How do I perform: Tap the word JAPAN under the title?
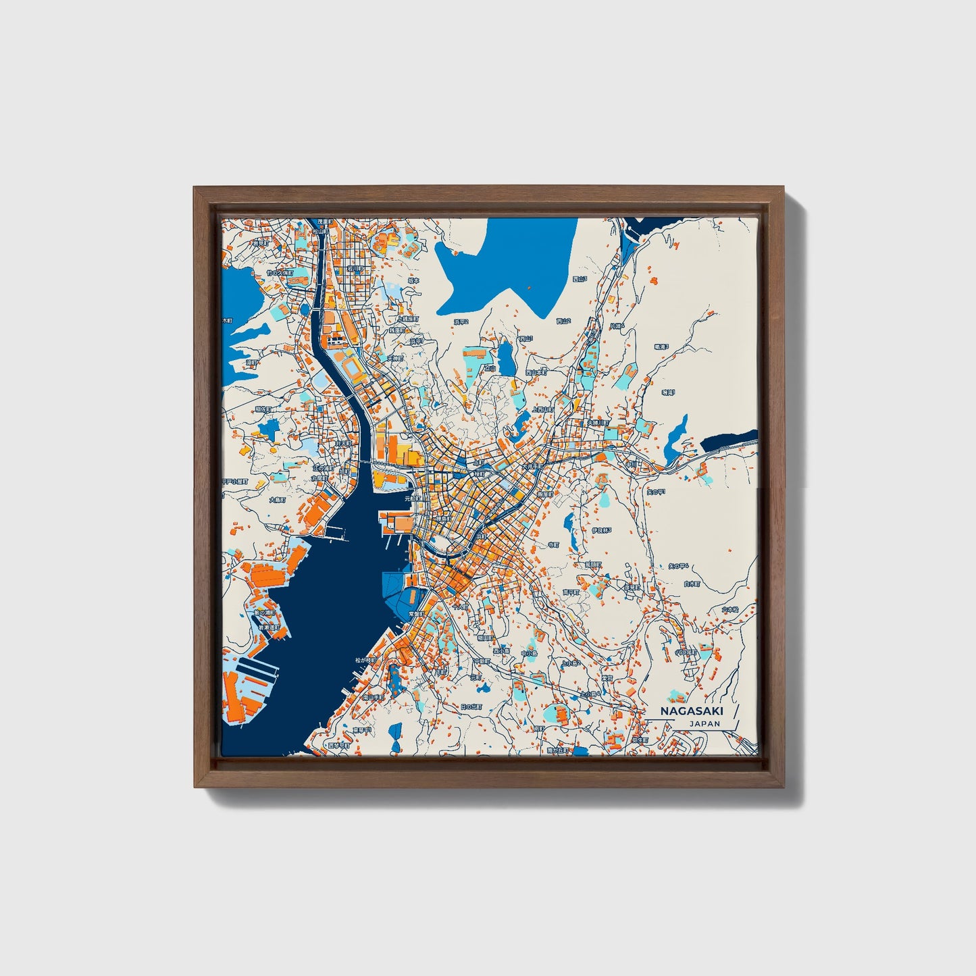click(x=704, y=724)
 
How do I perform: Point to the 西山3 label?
click(x=580, y=278)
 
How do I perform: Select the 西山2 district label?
click(x=563, y=321)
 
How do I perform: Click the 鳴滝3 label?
click(x=661, y=346)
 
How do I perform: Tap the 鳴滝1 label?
click(x=668, y=391)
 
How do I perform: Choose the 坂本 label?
click(x=413, y=280)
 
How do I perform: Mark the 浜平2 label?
click(x=461, y=322)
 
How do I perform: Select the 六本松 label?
click(x=729, y=609)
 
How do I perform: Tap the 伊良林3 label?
click(x=601, y=531)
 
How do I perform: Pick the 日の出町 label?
click(x=471, y=707)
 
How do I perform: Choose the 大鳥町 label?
click(x=278, y=500)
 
